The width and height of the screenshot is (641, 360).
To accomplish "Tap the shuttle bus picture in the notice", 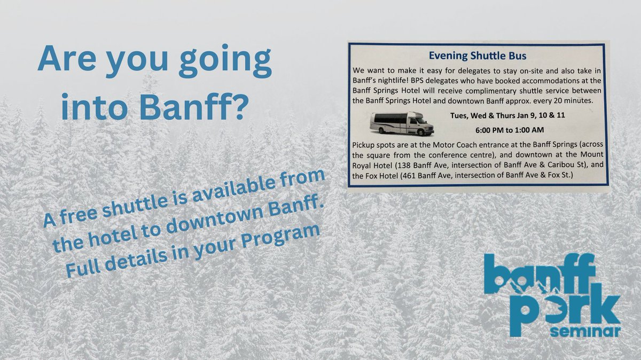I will click(x=402, y=123).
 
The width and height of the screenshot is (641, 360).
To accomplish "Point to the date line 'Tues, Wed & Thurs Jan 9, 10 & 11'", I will click(x=505, y=115).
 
